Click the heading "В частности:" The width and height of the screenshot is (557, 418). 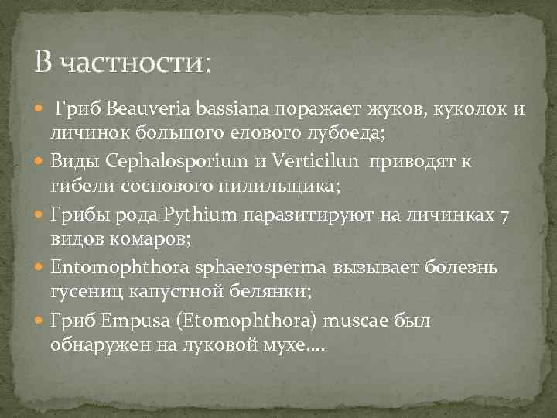122,60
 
